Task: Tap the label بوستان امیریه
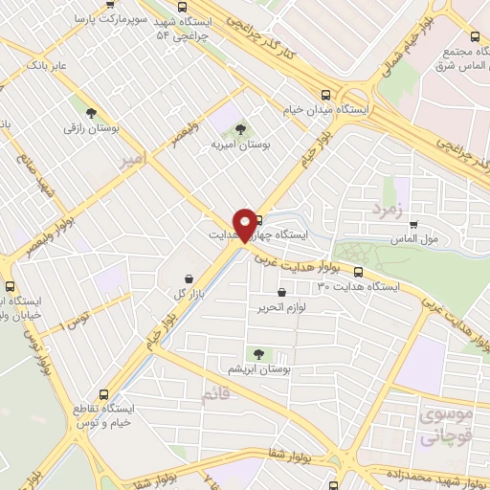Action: pyautogui.click(x=240, y=145)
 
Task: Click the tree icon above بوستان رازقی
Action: pyautogui.click(x=92, y=110)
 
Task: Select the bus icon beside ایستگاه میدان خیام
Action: pyautogui.click(x=327, y=95)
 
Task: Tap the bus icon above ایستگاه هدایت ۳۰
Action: pyautogui.click(x=359, y=272)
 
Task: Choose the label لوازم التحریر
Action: pyautogui.click(x=279, y=308)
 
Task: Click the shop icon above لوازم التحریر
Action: pyautogui.click(x=280, y=293)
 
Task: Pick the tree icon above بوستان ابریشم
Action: pyautogui.click(x=256, y=353)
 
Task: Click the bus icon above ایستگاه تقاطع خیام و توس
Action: pyautogui.click(x=105, y=392)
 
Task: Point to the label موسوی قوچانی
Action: pyautogui.click(x=445, y=423)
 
